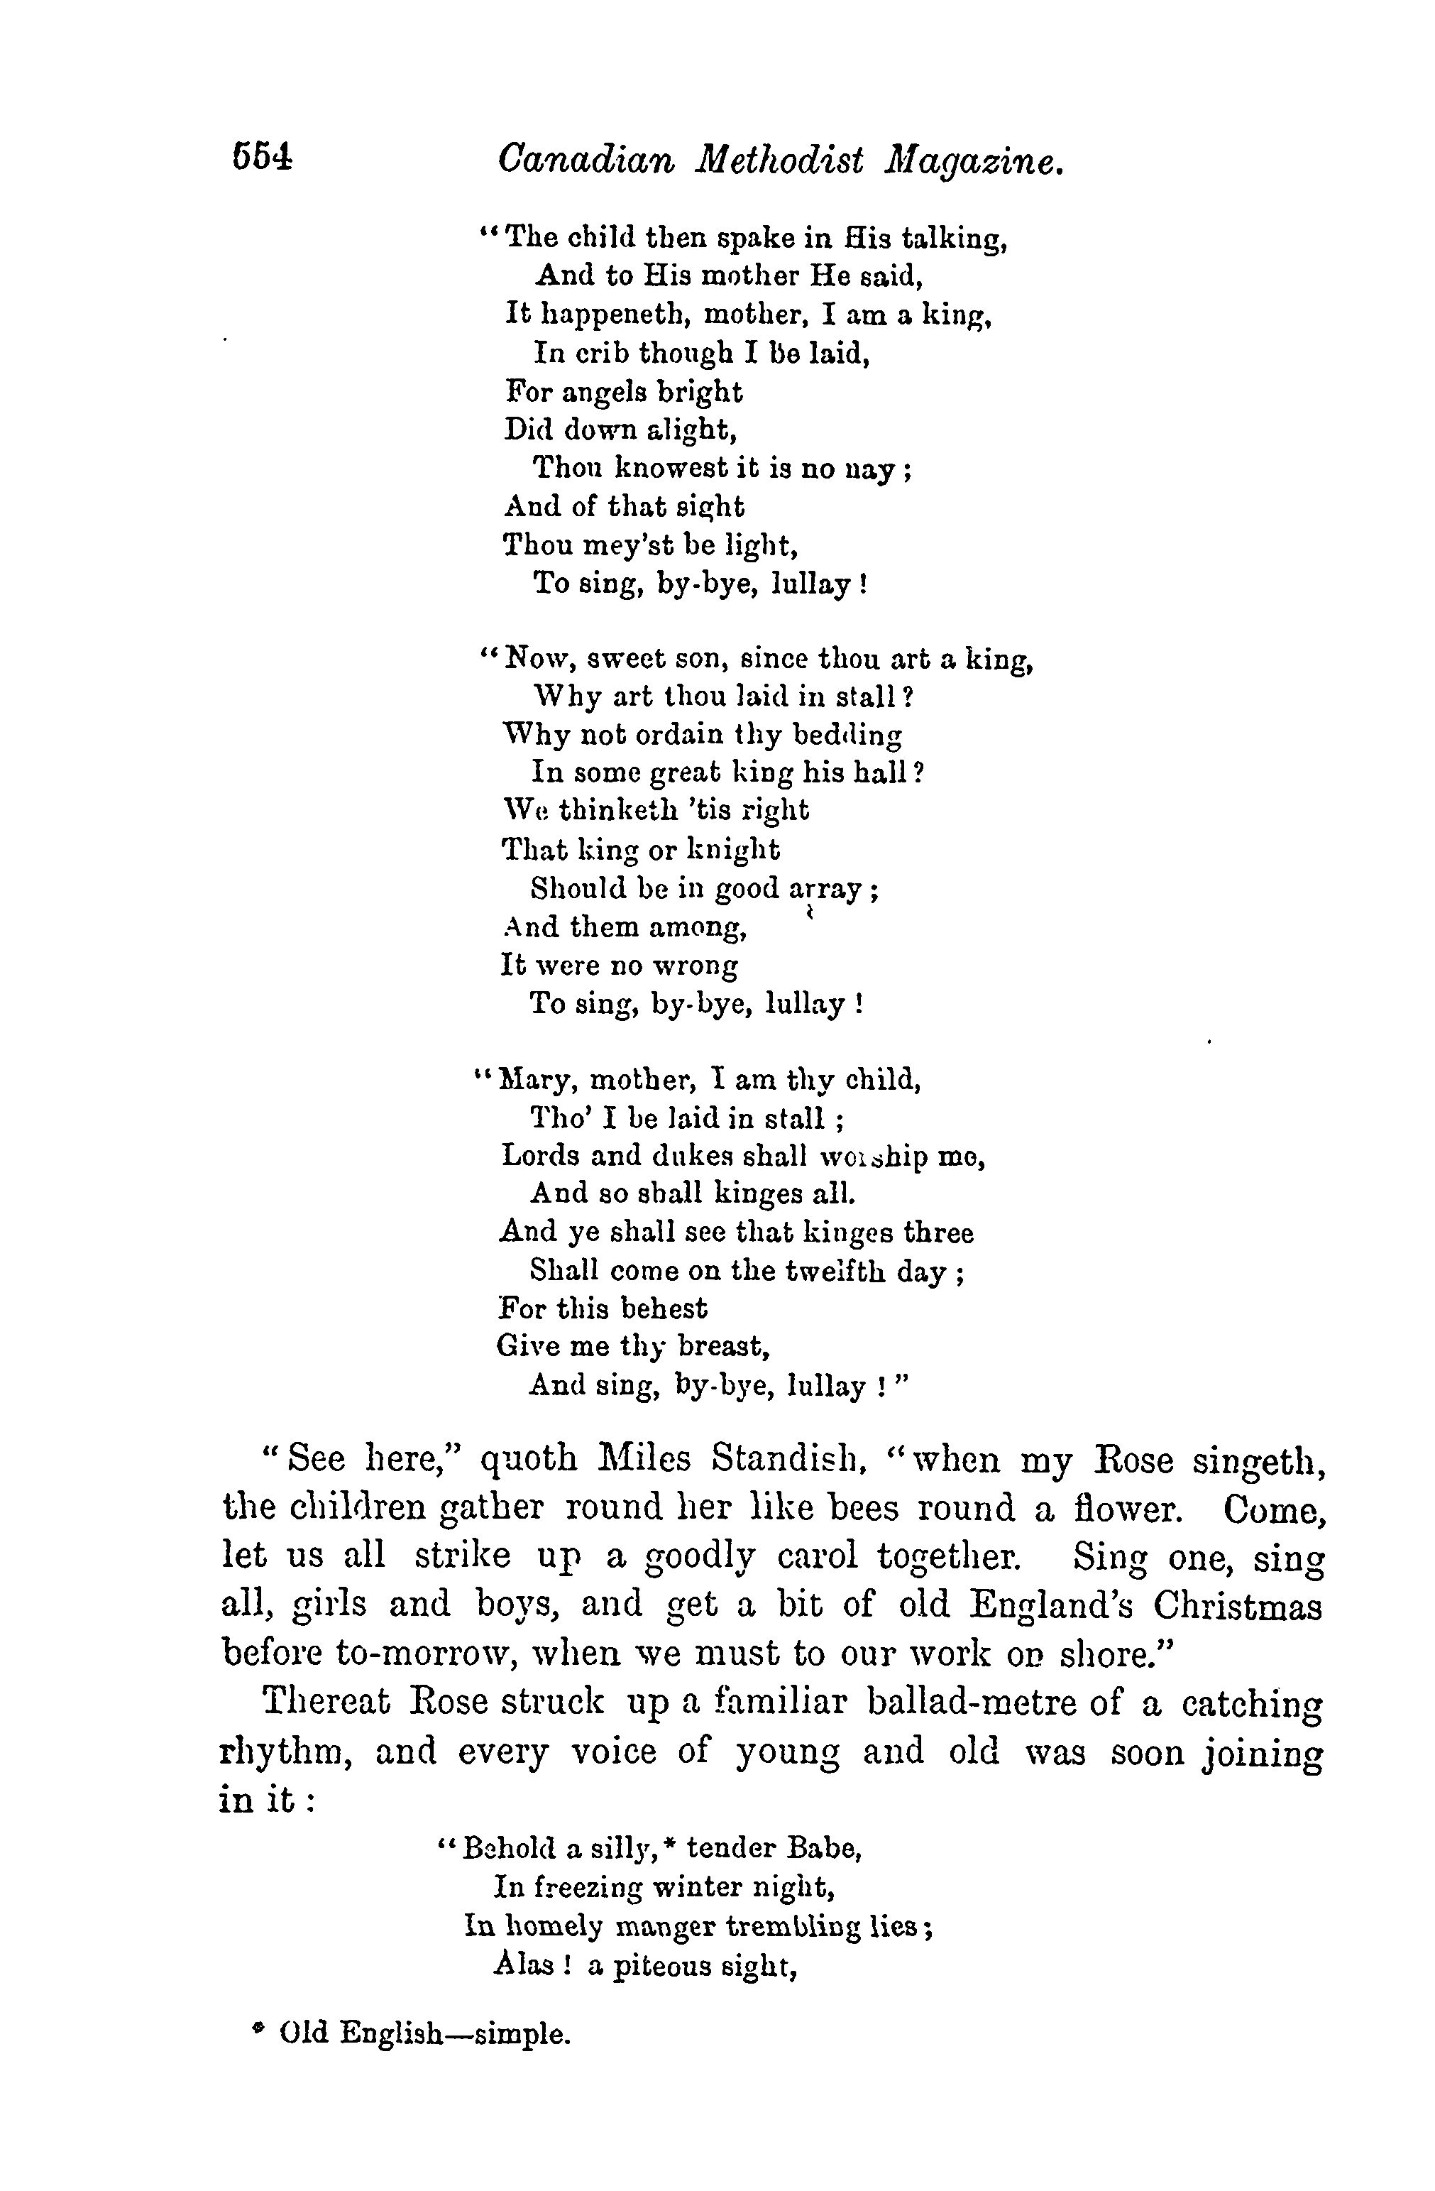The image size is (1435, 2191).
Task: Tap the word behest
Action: click(663, 1308)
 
